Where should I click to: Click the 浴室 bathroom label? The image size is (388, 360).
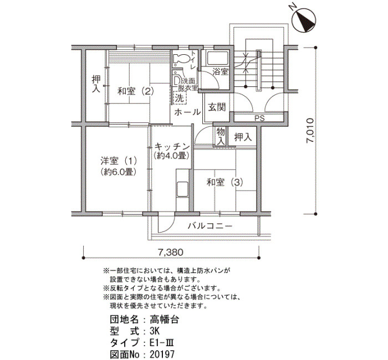pyautogui.click(x=221, y=72)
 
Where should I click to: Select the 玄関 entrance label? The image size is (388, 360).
pyautogui.click(x=217, y=107)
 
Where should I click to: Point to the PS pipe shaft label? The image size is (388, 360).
pyautogui.click(x=259, y=118)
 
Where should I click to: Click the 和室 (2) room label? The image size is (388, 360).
pyautogui.click(x=136, y=91)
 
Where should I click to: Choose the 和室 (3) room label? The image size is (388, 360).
pyautogui.click(x=224, y=182)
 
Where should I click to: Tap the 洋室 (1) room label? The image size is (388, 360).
pyautogui.click(x=119, y=161)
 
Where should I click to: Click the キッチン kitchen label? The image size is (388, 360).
pyautogui.click(x=172, y=147)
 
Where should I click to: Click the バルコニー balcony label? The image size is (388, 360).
pyautogui.click(x=210, y=226)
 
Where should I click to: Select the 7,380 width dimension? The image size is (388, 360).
pyautogui.click(x=171, y=252)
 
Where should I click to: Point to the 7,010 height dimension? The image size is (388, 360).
pyautogui.click(x=310, y=131)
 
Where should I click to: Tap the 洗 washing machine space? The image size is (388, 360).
pyautogui.click(x=180, y=98)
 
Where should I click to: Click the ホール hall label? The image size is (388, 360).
pyautogui.click(x=187, y=112)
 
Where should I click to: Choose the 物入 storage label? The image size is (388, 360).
pyautogui.click(x=221, y=136)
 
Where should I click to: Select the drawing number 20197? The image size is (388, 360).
pyautogui.click(x=162, y=354)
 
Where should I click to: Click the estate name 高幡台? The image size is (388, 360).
pyautogui.click(x=164, y=320)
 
